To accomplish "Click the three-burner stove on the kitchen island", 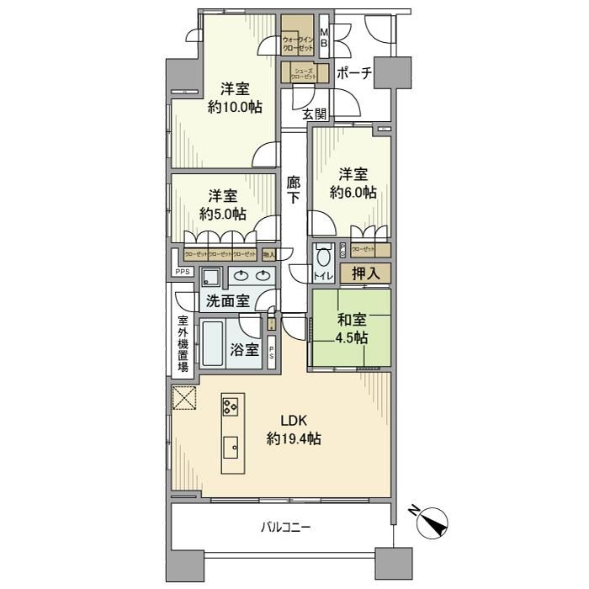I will coord(231,407).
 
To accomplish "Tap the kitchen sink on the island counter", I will coord(231,446).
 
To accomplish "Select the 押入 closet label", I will coord(365,273).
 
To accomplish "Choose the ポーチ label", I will coord(353,73).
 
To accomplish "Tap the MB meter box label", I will coord(325,38).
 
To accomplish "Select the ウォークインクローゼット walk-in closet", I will coord(298,40).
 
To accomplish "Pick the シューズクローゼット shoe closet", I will coord(303,73).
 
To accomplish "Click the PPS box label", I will coord(182,272).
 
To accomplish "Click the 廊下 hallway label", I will coord(293,189).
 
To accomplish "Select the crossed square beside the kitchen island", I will coord(183,398).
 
